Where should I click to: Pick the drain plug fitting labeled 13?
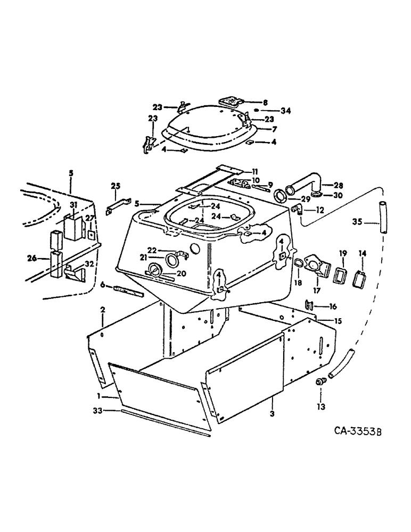pyautogui.click(x=321, y=381)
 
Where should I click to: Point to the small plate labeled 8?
pyautogui.click(x=231, y=100)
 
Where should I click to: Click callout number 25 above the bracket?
pyautogui.click(x=116, y=186)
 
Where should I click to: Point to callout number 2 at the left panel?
pyautogui.click(x=103, y=309)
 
